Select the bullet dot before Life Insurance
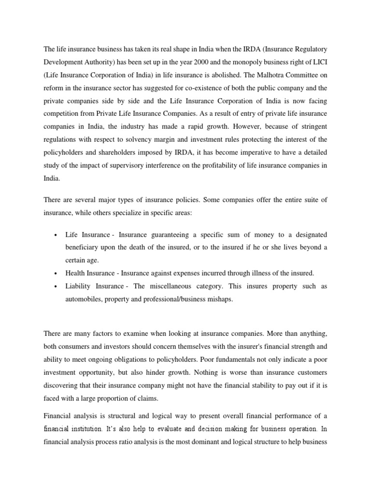point(56,235)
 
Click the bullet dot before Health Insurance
point(56,273)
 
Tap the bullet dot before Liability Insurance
point(56,287)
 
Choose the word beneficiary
point(83,247)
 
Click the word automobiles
point(84,299)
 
